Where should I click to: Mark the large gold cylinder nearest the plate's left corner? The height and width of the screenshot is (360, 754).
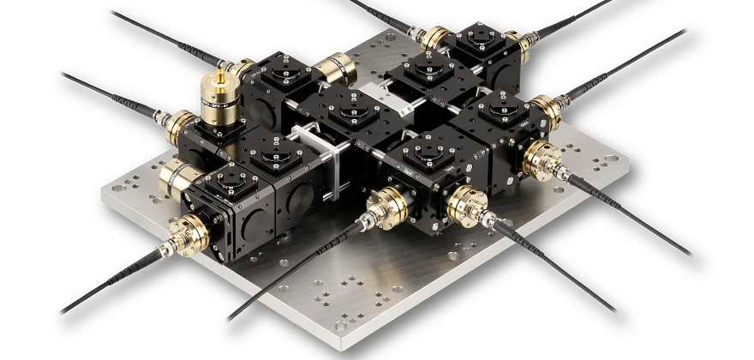click(175, 180)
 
